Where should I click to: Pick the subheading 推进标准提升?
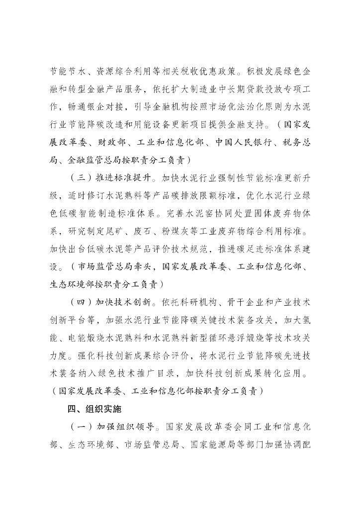click(x=124, y=176)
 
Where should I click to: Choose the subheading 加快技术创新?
click(x=124, y=302)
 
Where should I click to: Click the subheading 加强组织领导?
click(x=124, y=427)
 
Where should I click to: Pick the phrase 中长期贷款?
click(x=239, y=91)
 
